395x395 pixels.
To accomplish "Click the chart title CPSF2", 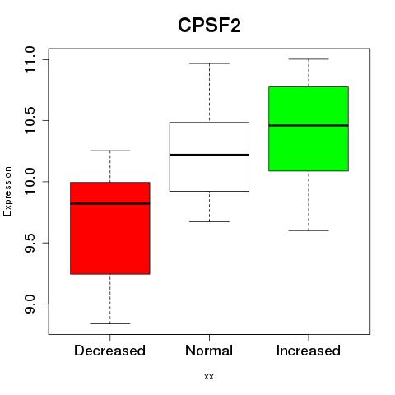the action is pos(209,26).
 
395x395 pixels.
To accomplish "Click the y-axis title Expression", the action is pos(7,191).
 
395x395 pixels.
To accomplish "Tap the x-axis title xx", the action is pos(209,377).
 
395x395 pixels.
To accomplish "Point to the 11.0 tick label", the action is pos(30,59).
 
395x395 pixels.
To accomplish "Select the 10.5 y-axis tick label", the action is pos(30,120).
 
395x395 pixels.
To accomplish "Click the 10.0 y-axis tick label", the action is pos(30,182).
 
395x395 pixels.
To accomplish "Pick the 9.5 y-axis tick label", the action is pos(30,243).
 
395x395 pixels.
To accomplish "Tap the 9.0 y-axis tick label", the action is pos(30,304).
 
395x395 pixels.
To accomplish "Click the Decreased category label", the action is pos(109,351).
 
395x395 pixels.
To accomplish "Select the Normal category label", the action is pos(209,351).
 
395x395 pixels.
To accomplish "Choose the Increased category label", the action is pos(309,351).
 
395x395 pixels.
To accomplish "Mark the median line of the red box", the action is pos(110,203).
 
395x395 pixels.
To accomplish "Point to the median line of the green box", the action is pos(309,125).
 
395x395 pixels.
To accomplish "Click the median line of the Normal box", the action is pos(209,155).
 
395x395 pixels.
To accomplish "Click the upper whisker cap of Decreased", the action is pos(110,151).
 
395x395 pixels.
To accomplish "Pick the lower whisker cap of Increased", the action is pos(309,230).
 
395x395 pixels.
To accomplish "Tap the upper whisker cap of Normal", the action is pos(209,63).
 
